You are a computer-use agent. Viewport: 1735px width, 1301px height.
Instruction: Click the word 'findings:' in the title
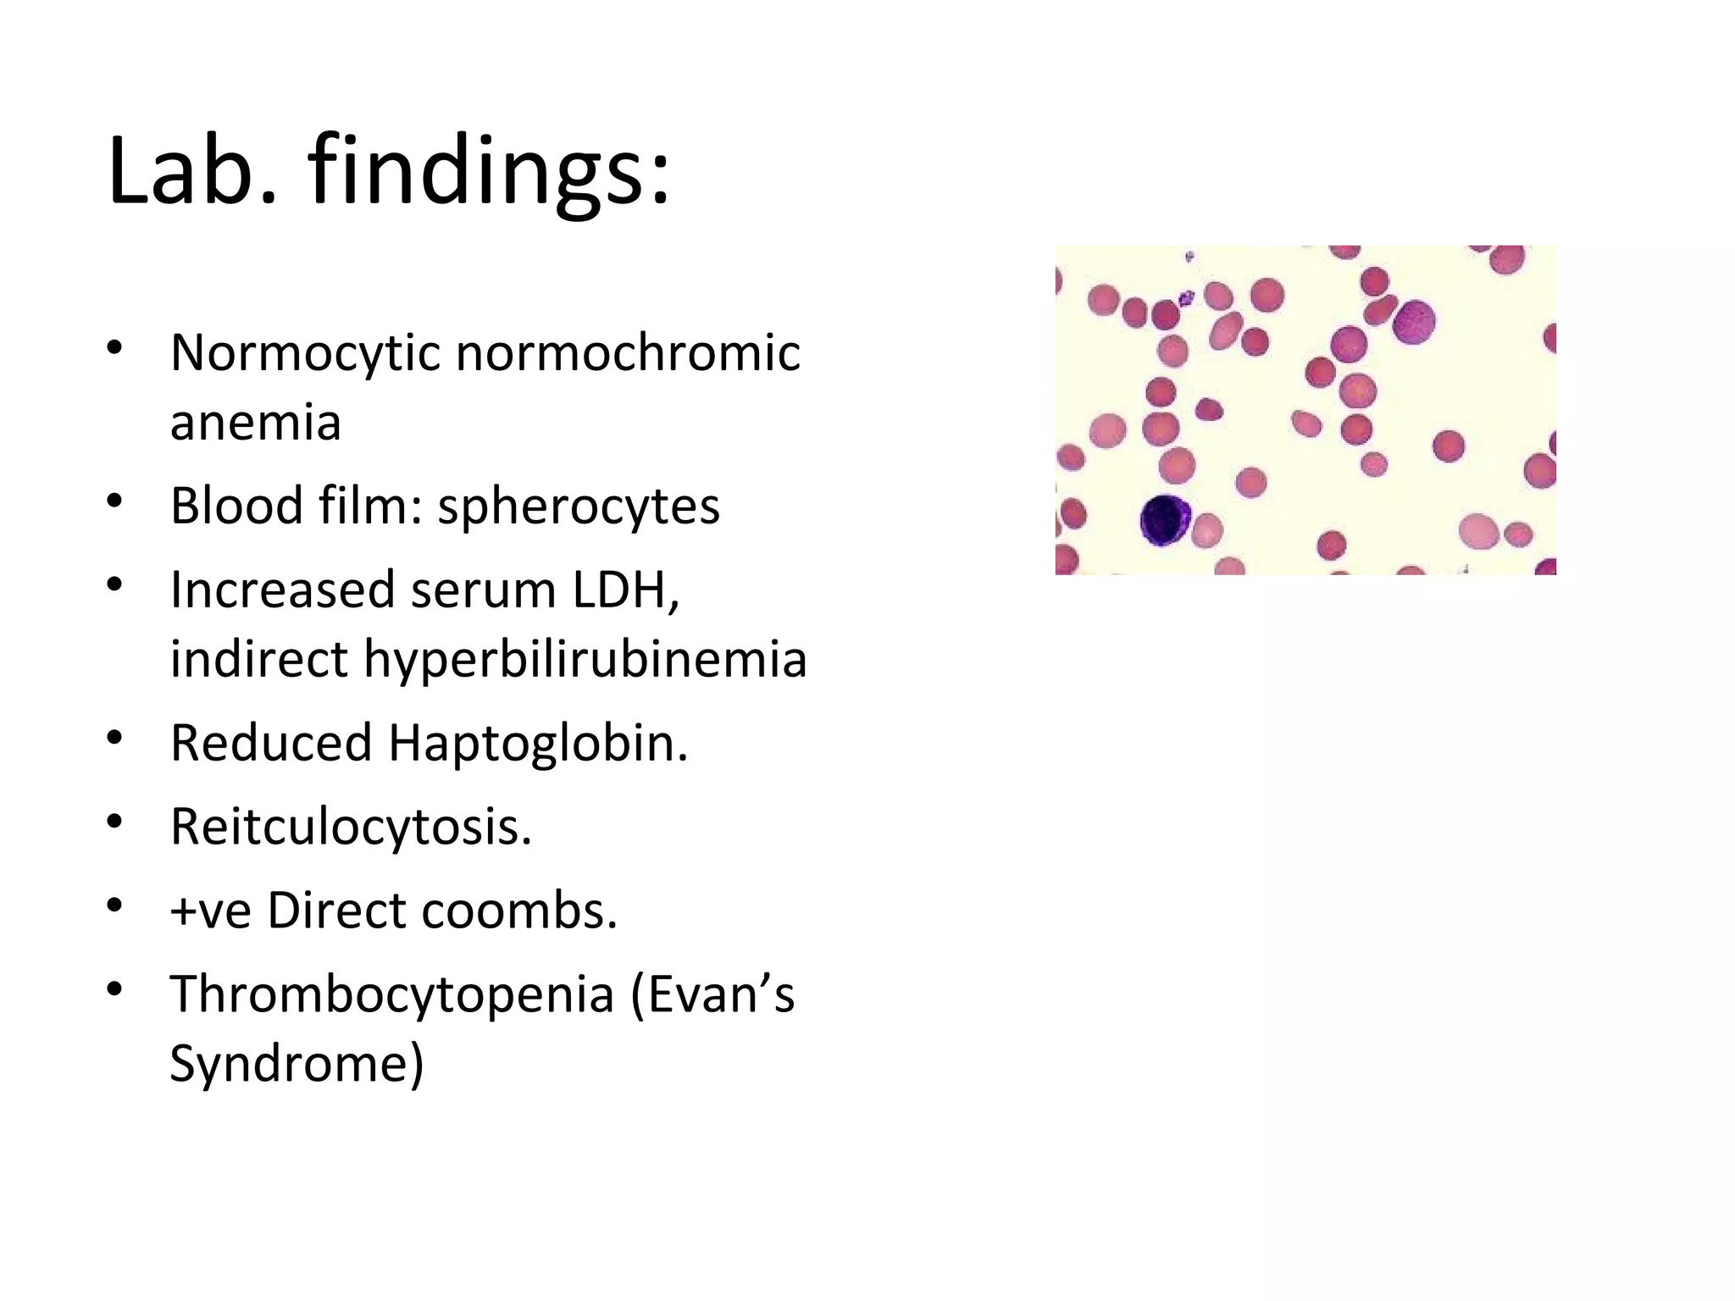490,171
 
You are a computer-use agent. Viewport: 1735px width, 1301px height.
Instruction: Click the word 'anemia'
255,422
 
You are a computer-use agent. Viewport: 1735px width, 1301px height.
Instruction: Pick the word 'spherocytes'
578,506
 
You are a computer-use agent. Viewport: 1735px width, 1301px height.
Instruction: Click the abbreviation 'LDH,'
626,590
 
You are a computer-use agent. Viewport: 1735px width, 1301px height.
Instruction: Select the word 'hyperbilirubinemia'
585,659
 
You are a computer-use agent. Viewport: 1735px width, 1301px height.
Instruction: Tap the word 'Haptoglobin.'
538,743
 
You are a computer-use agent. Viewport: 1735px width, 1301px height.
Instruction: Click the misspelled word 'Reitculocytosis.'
351,827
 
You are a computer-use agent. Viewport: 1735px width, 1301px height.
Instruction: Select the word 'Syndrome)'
297,1064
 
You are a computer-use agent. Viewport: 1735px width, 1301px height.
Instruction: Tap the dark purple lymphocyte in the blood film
1165,520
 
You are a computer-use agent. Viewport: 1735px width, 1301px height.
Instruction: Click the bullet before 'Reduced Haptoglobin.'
116,738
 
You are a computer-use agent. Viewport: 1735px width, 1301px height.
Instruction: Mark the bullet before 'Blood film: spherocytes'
116,501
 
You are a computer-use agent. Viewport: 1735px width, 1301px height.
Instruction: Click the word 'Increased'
282,590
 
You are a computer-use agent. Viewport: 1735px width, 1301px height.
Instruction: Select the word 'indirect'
258,659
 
